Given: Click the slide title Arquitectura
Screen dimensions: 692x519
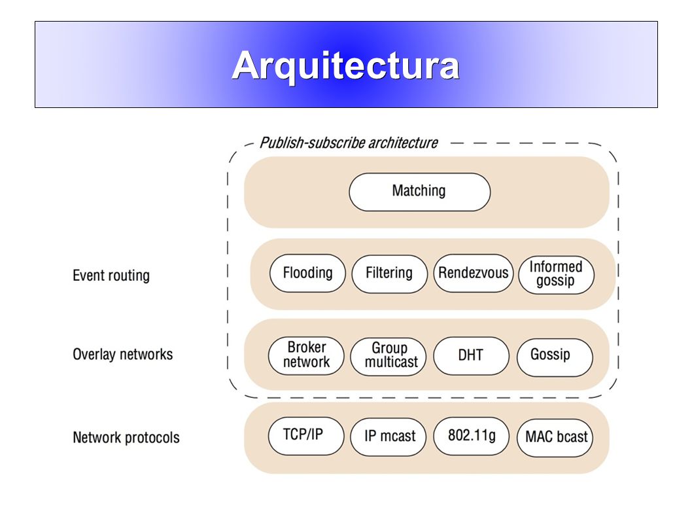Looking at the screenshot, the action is tap(345, 65).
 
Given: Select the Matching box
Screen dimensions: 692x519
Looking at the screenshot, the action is tap(419, 192).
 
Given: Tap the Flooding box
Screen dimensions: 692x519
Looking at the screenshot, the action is tap(307, 273).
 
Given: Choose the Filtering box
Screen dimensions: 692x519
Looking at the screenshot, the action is tap(389, 274).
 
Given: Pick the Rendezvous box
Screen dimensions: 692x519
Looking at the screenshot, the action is tap(473, 273).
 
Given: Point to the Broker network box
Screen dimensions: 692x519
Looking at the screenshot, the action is tap(306, 356).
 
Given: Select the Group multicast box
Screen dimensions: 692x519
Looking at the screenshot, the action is tap(389, 357).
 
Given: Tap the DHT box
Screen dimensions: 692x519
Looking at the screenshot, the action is tap(471, 356).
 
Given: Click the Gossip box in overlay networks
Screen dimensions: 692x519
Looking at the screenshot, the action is tap(555, 357).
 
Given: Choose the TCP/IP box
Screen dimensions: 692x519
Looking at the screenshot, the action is tap(306, 436).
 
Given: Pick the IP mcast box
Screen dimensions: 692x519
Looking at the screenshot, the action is tap(389, 437).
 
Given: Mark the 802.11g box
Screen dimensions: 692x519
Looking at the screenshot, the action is tap(472, 436).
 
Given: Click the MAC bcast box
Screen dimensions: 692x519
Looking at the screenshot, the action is tap(555, 438).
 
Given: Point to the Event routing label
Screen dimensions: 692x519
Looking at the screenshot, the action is tap(111, 276).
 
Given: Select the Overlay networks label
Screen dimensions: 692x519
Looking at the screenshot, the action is tap(123, 354).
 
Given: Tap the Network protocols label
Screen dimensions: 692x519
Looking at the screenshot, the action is tap(126, 437).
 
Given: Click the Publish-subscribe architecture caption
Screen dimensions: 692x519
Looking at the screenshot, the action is tap(349, 143).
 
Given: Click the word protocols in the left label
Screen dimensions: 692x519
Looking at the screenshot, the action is tap(152, 438).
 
